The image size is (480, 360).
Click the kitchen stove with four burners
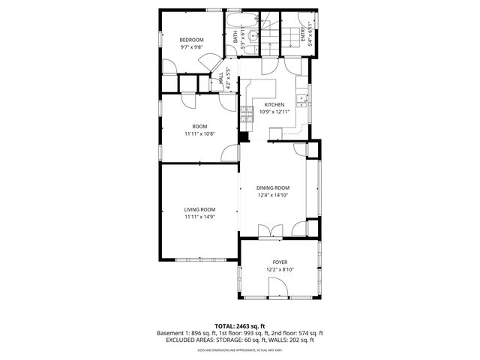click(x=245, y=115)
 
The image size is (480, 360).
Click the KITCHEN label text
click(x=274, y=105)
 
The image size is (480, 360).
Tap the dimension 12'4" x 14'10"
click(x=272, y=195)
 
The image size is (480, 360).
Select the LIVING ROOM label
click(x=200, y=209)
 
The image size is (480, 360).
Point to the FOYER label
click(x=280, y=262)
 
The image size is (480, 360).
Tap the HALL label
click(x=220, y=77)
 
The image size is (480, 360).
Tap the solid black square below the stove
click(x=244, y=136)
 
